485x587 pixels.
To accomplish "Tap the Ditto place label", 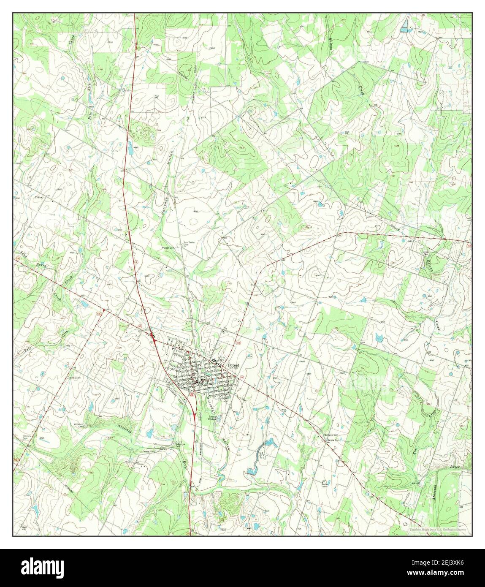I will pyautogui.click(x=41, y=197).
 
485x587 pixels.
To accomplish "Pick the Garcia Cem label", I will pyautogui.click(x=333, y=440).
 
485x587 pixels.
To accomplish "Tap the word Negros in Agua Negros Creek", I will pyautogui.click(x=41, y=264).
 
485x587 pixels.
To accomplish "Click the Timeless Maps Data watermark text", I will pyautogui.click(x=436, y=529).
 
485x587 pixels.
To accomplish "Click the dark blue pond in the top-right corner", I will pyautogui.click(x=405, y=30).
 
